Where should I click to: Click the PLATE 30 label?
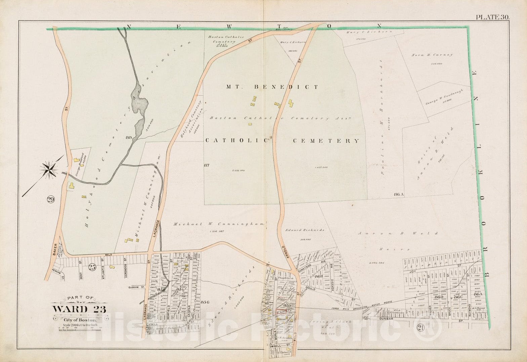click(492, 17)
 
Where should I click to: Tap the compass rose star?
click(50, 169)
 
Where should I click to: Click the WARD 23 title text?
click(79, 309)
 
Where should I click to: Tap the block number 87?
click(206, 165)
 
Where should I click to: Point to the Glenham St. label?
click(136, 287)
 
